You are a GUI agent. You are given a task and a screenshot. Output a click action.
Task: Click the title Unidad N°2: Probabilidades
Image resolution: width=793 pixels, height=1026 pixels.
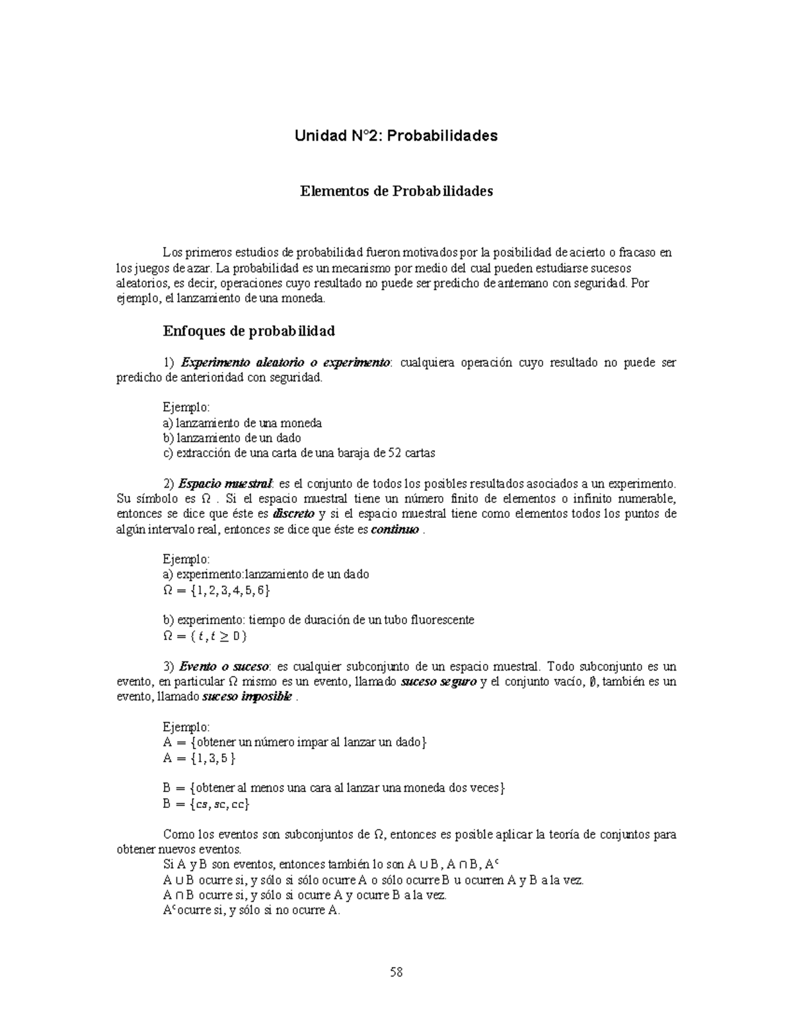pyautogui.click(x=396, y=136)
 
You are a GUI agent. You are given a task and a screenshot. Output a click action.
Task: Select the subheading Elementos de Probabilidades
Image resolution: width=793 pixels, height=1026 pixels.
pyautogui.click(x=397, y=192)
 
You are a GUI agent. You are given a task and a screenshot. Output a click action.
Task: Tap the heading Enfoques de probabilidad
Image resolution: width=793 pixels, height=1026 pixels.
pyautogui.click(x=248, y=330)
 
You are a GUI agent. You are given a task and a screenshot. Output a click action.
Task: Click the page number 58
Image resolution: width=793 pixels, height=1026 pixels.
pyautogui.click(x=397, y=972)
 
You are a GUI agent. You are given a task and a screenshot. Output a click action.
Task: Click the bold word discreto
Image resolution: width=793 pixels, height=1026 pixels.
pyautogui.click(x=294, y=514)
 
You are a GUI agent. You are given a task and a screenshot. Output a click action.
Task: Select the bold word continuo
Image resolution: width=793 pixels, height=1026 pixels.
pyautogui.click(x=395, y=530)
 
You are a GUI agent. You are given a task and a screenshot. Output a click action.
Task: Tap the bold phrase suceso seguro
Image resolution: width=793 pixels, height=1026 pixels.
pyautogui.click(x=439, y=682)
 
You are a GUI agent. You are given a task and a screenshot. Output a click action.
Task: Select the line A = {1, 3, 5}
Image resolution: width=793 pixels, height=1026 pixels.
pyautogui.click(x=199, y=758)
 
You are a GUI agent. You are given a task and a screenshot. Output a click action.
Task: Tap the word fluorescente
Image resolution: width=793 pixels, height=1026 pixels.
pyautogui.click(x=443, y=620)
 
